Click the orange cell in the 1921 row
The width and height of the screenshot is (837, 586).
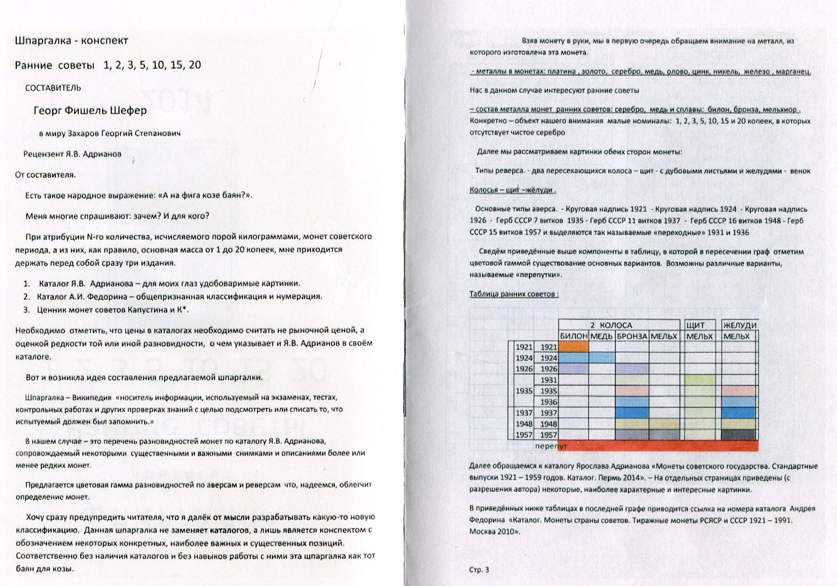coord(574,347)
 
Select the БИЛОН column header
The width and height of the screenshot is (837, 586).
coord(574,336)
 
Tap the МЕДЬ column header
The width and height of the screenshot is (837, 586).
coord(602,336)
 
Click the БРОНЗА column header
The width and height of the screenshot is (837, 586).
coord(632,336)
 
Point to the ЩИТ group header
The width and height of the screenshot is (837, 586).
coord(695,325)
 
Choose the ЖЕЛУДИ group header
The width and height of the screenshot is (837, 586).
coord(740,325)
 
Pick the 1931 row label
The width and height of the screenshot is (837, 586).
coord(548,380)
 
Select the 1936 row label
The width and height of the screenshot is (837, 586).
coord(548,402)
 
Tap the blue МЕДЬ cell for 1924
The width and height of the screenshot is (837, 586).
coord(602,358)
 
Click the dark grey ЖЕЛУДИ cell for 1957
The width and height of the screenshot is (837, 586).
coord(739,435)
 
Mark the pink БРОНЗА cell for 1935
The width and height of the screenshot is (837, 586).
coord(632,390)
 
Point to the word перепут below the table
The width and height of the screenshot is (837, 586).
coord(551,447)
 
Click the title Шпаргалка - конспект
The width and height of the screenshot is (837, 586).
coord(72,40)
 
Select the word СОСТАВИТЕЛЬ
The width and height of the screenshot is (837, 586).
coord(53,88)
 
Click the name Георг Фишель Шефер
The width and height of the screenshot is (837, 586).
coord(90,110)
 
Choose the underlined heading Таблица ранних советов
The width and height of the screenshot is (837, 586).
coord(514,294)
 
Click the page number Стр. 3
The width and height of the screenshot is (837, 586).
coord(479,570)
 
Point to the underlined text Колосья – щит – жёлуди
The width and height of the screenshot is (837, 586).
coord(512,190)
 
